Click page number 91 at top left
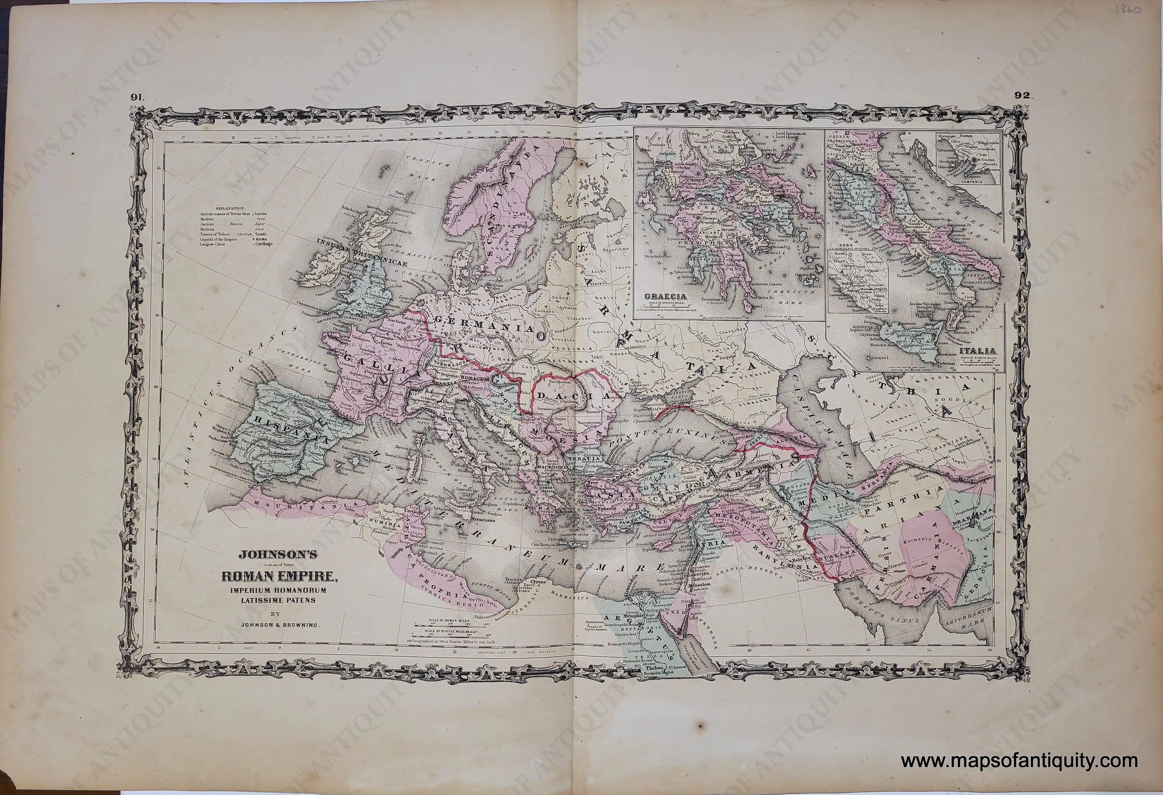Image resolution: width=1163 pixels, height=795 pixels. (x=136, y=84)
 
